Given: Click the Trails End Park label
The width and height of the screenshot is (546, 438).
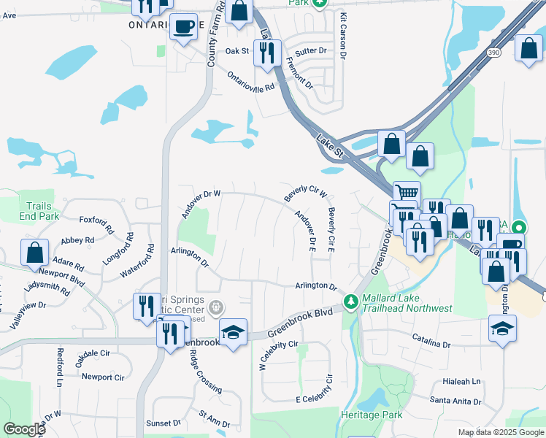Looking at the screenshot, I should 39,212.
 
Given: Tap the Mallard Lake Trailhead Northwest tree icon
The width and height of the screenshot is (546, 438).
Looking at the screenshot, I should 352,301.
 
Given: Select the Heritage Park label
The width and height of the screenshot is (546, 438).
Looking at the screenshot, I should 372,415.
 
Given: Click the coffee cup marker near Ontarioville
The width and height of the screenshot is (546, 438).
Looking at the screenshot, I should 182,28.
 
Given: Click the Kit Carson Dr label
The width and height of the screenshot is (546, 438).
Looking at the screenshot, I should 342,35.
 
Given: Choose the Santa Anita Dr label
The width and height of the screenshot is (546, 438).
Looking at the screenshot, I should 455,401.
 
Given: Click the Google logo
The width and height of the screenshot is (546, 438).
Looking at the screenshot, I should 24,429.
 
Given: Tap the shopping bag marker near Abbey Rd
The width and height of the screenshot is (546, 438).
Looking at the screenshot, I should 34,253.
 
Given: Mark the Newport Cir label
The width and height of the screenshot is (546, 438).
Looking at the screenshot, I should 102,377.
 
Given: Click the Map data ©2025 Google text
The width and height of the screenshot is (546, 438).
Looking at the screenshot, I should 501,432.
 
